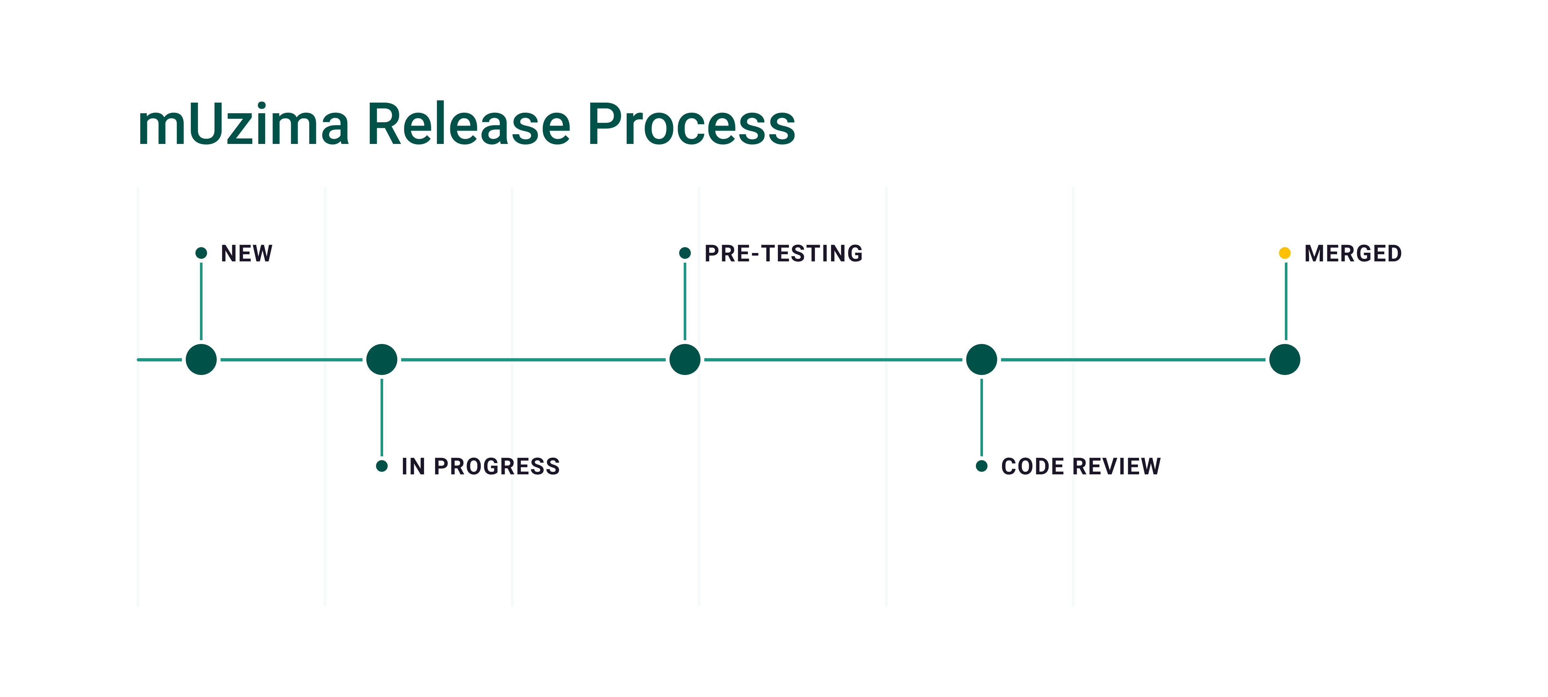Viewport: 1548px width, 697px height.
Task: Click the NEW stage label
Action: pyautogui.click(x=246, y=253)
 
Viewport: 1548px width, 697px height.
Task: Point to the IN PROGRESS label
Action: pyautogui.click(x=481, y=466)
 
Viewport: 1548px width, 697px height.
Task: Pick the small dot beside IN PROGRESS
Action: pyautogui.click(x=382, y=466)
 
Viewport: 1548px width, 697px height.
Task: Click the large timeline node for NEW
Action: pyautogui.click(x=201, y=359)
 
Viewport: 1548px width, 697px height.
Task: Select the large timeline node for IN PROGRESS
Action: pyautogui.click(x=382, y=359)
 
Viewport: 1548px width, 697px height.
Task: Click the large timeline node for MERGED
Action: pyautogui.click(x=1285, y=359)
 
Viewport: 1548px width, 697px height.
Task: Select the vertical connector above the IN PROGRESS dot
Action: pyautogui.click(x=382, y=417)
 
